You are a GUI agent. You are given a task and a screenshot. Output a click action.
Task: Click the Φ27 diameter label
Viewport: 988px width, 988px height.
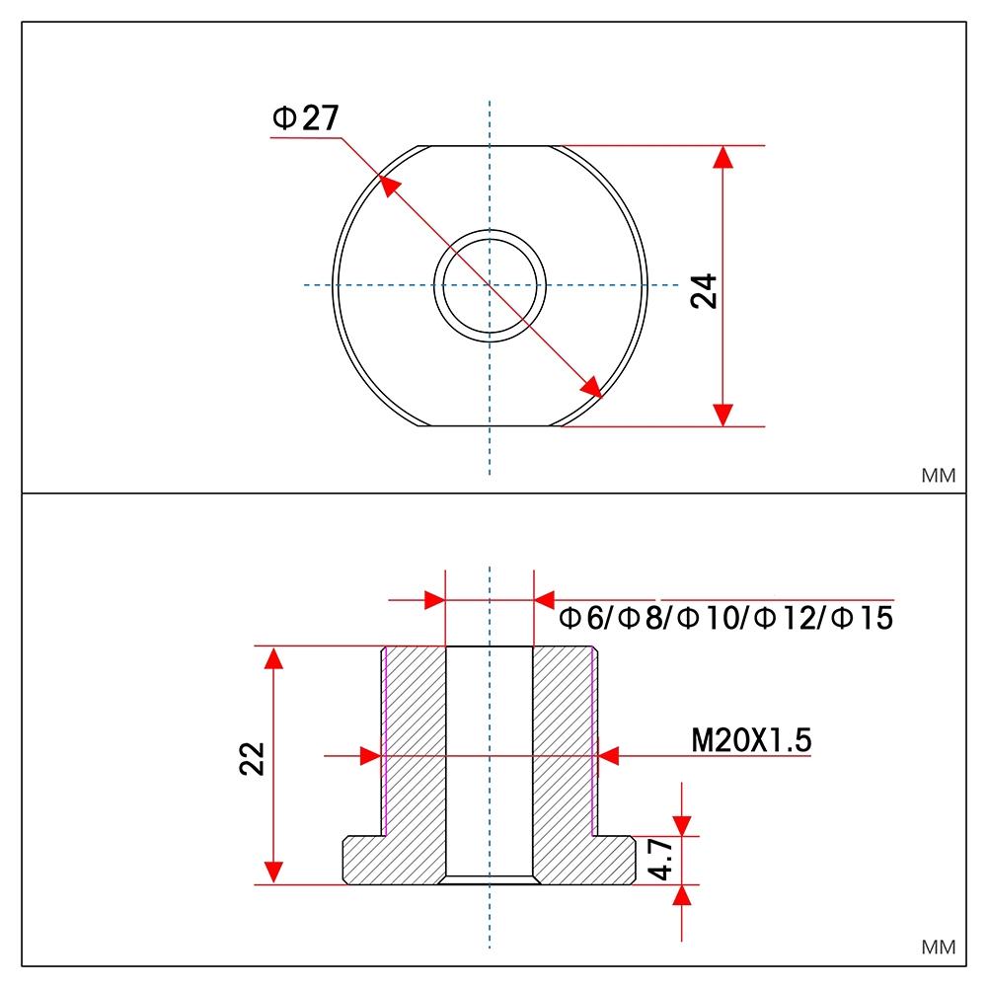click(x=306, y=118)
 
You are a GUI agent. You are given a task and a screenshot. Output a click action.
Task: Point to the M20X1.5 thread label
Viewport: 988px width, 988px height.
click(x=751, y=739)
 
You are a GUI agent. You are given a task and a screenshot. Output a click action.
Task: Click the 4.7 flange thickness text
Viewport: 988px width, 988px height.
click(x=661, y=860)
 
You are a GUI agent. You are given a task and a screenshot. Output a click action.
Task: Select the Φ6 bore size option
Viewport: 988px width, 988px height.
click(x=581, y=619)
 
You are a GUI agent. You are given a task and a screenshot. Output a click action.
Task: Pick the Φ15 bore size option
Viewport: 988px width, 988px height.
click(x=862, y=619)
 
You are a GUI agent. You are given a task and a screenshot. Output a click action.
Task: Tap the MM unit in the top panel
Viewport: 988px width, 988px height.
click(x=938, y=476)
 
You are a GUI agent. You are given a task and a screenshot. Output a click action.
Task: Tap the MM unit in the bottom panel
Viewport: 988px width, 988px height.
click(x=938, y=948)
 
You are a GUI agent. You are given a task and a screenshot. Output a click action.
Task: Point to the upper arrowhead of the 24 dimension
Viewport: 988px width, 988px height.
click(x=723, y=158)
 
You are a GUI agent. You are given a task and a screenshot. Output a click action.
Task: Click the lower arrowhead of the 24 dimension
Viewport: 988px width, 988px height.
click(x=723, y=415)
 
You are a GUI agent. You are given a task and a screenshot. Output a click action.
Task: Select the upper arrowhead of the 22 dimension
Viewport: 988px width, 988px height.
click(x=274, y=658)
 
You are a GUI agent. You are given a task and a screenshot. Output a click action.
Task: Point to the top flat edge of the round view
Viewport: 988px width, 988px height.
click(x=491, y=146)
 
